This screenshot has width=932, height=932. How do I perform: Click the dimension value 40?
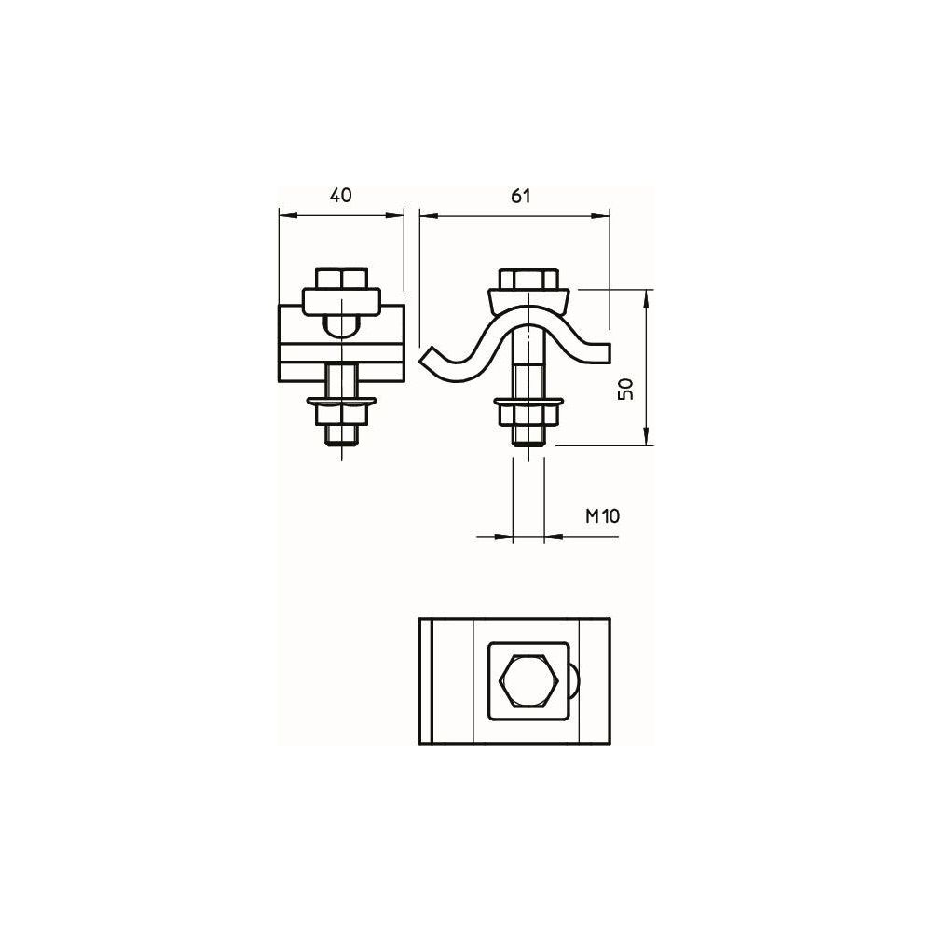click(x=341, y=195)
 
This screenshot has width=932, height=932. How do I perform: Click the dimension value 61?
click(x=520, y=196)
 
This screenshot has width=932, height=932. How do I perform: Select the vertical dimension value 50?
click(x=626, y=389)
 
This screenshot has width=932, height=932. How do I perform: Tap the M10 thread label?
click(x=603, y=516)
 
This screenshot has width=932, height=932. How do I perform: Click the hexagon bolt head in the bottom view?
click(x=528, y=681)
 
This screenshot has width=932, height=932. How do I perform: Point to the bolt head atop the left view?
click(x=342, y=278)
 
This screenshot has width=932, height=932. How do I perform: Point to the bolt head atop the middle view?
click(x=528, y=278)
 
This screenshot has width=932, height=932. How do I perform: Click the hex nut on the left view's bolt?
click(x=342, y=415)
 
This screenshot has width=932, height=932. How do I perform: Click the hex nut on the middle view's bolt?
click(x=528, y=415)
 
